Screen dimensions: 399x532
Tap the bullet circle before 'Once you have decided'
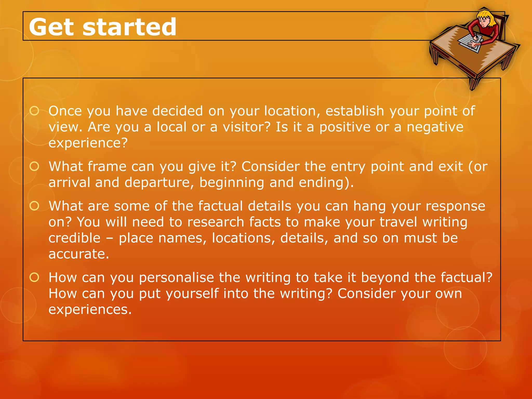click(x=34, y=111)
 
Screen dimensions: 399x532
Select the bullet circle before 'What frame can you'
click(x=34, y=166)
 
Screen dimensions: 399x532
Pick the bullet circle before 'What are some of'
click(x=34, y=206)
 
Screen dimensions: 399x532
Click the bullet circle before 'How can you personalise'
click(x=34, y=277)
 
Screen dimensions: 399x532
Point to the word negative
click(x=435, y=127)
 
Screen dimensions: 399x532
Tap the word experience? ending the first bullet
click(x=88, y=143)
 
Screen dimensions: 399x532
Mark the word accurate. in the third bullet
click(x=79, y=254)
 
